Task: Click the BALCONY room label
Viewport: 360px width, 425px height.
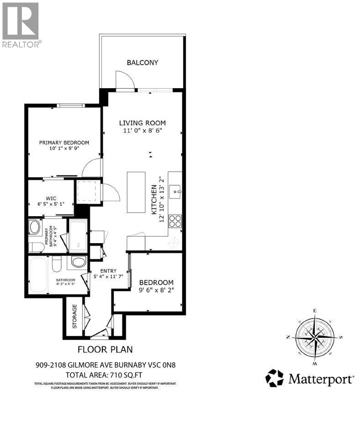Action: tap(142, 63)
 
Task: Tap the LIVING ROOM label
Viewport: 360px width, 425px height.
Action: tap(142, 123)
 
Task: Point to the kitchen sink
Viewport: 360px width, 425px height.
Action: tap(176, 191)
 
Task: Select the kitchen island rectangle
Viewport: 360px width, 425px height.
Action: tap(136, 192)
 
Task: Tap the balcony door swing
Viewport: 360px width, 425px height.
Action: tap(124, 80)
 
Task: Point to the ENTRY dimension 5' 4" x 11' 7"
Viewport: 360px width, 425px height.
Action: tap(109, 276)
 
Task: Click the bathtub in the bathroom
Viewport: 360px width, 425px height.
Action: tap(38, 275)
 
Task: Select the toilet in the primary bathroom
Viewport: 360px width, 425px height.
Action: tap(36, 247)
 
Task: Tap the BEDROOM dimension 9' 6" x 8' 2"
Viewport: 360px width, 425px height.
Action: tap(156, 289)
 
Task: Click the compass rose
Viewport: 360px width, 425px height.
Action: tap(314, 337)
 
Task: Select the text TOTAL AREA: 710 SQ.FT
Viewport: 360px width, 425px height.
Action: tap(105, 374)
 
